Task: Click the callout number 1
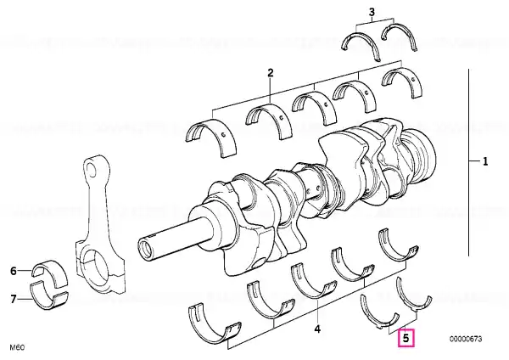coord(485,161)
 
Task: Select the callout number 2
coord(271,73)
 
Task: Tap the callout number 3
coord(372,13)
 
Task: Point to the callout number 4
coord(317,329)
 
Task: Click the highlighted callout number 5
coord(406,338)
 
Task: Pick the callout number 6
coord(14,271)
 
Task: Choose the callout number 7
coord(14,299)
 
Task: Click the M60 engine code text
coord(17,347)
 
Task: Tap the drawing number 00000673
coord(466,340)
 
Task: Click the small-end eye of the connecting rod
coord(92,170)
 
